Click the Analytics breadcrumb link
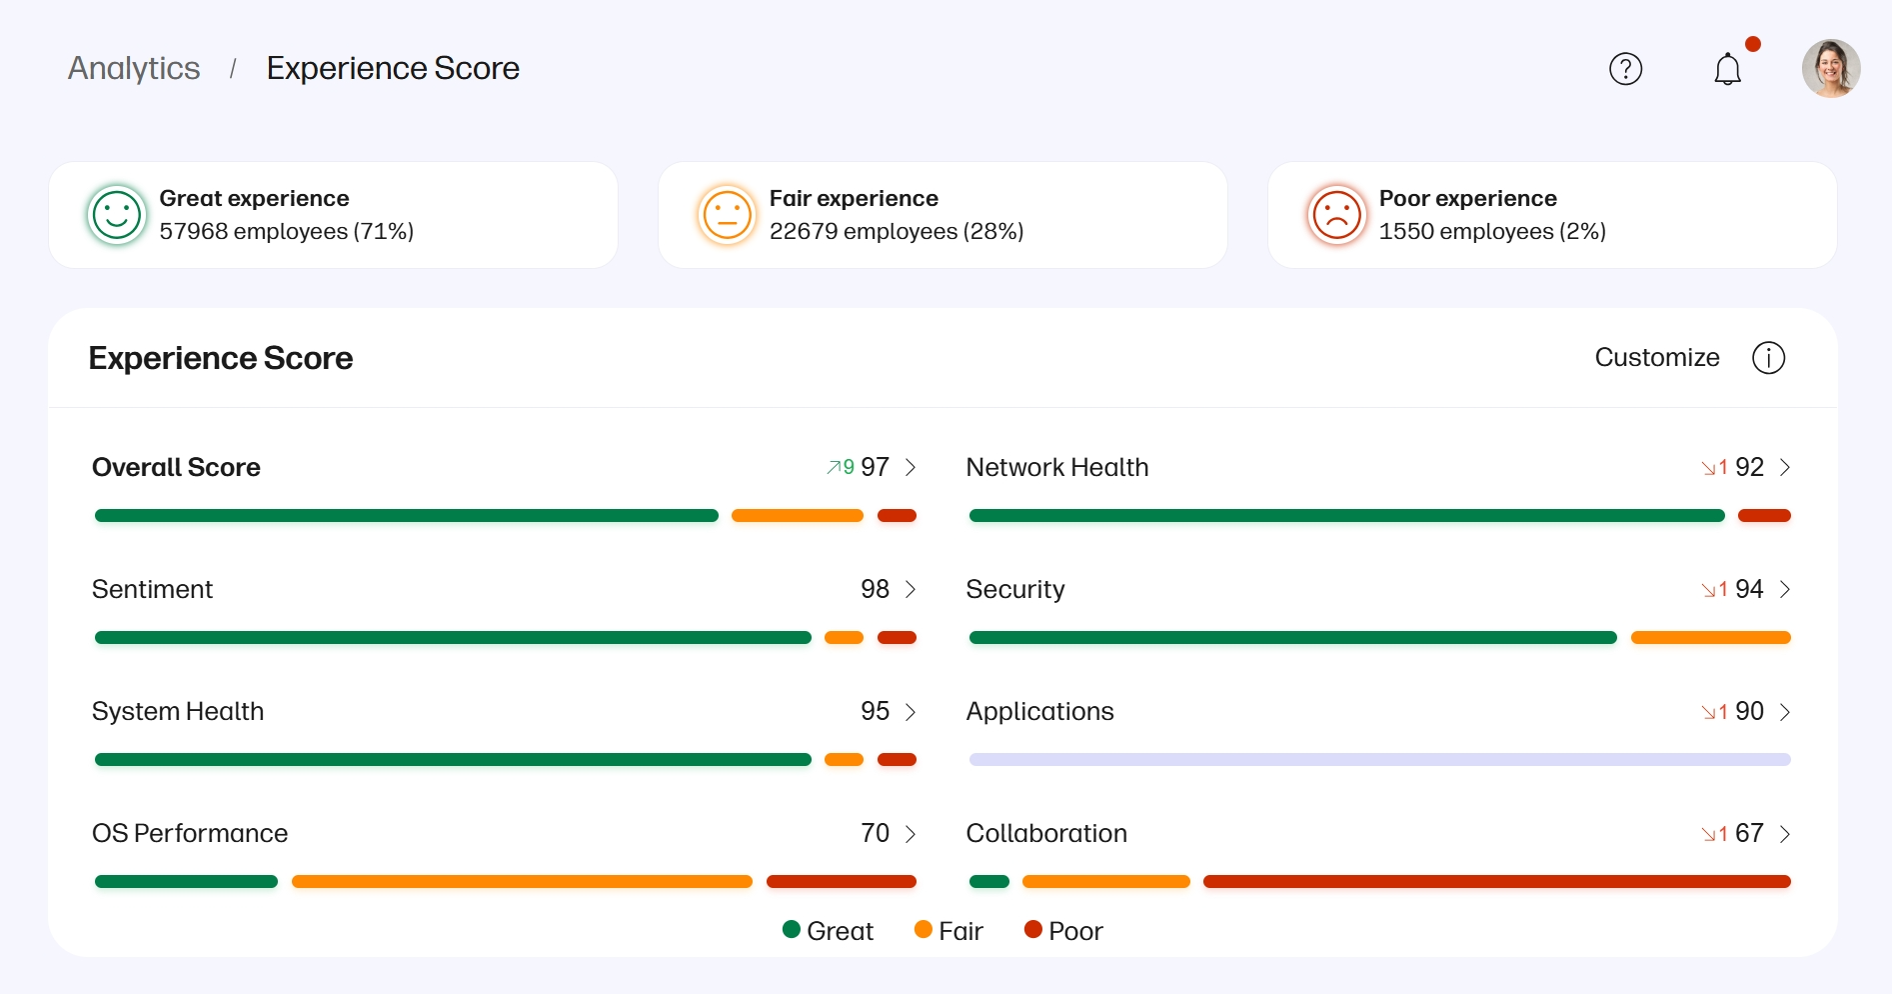[134, 68]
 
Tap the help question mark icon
[1625, 69]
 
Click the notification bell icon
[1727, 69]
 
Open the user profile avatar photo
[1830, 69]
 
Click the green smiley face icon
[117, 215]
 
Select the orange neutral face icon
[727, 215]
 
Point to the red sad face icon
[1336, 215]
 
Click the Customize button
[1656, 357]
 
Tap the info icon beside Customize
[1768, 358]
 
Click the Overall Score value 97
[875, 467]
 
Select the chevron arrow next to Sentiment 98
[911, 589]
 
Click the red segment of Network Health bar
[1764, 516]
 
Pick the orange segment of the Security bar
[1710, 638]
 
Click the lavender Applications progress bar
[1379, 760]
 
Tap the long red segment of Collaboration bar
[1496, 882]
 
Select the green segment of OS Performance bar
[186, 882]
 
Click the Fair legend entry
[948, 931]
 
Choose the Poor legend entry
[1063, 931]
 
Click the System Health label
[178, 711]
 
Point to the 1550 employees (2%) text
[1492, 231]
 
